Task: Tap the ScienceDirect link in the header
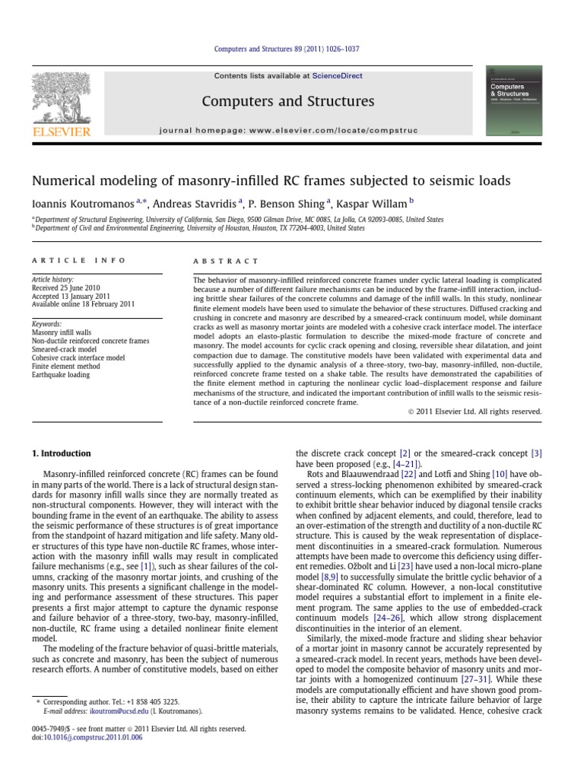333,76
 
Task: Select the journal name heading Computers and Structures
287,101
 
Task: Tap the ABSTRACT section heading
227,260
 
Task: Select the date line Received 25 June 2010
67,289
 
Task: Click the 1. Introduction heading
61,453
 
